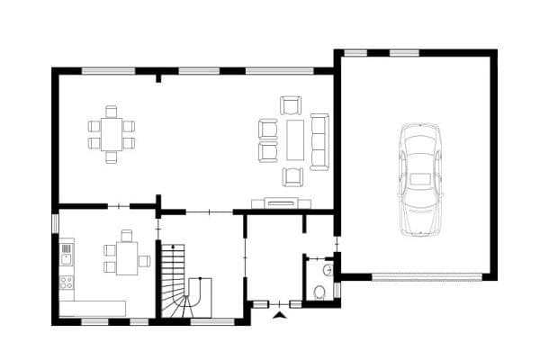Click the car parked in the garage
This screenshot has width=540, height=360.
pyautogui.click(x=420, y=180)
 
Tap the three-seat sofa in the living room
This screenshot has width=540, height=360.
pyautogui.click(x=319, y=141)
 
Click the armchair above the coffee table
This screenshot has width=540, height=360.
pyautogui.click(x=291, y=105)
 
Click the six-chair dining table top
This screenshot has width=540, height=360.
pyautogui.click(x=111, y=135)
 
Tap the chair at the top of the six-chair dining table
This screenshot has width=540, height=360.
pyautogui.click(x=111, y=112)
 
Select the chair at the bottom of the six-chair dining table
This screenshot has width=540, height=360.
pyautogui.click(x=111, y=157)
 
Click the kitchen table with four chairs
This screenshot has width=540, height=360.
pyautogui.click(x=127, y=254)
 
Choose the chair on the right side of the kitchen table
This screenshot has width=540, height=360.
pyautogui.click(x=144, y=262)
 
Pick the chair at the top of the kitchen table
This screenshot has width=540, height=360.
pyautogui.click(x=127, y=235)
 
